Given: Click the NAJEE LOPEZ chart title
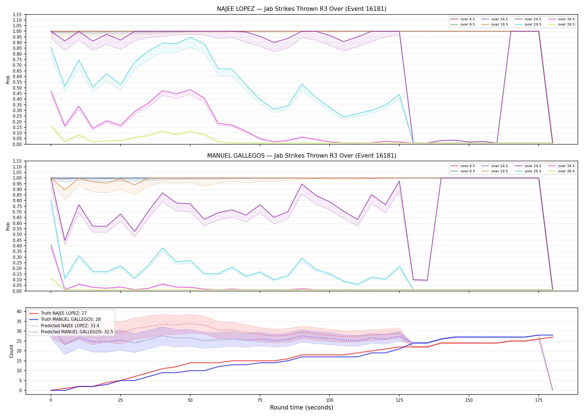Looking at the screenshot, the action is coord(301,9).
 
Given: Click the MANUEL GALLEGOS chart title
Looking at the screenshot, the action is coord(301,156).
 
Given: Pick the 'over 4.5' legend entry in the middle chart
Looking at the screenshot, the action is coord(463,166).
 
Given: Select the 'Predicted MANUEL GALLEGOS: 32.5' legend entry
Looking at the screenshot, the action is coord(71,332).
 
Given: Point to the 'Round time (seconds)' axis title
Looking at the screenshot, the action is coord(301,408).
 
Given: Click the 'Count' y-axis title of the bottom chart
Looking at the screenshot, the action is coord(11,351).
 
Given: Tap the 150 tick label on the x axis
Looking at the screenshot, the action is coord(469,400).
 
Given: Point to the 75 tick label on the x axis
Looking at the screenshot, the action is coord(260,400).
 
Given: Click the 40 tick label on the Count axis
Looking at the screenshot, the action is coord(19,311).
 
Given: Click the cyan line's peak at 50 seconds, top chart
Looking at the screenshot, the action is coord(190,37).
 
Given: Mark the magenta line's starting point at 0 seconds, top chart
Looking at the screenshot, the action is coord(51,91).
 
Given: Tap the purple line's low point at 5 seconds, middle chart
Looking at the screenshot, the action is coord(65,240).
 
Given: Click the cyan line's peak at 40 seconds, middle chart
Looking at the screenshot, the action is coord(162,248).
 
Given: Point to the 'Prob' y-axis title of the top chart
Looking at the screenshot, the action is coord(8,80).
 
